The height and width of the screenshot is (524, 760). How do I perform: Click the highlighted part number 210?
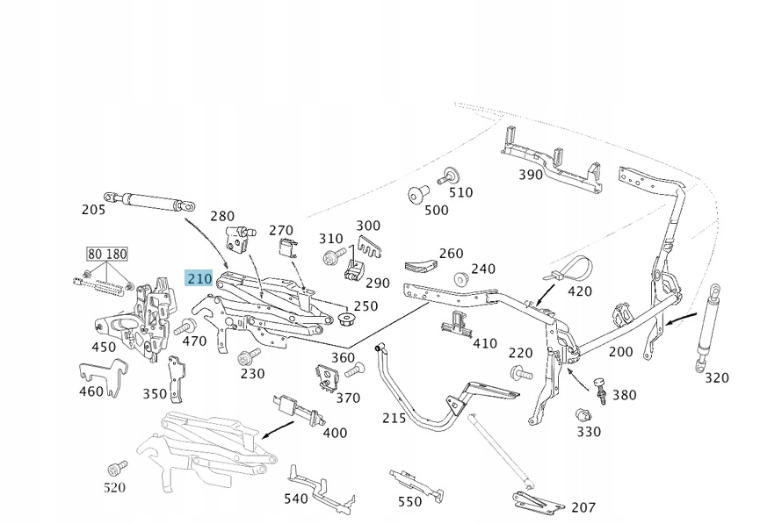(x=199, y=279)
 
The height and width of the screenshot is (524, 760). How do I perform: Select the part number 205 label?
(x=93, y=210)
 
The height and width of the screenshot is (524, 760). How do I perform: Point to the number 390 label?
(x=530, y=175)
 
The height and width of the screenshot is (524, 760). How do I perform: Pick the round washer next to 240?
(x=459, y=280)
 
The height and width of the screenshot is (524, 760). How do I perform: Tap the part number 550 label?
(x=409, y=501)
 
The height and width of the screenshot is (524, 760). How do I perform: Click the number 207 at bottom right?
(x=583, y=507)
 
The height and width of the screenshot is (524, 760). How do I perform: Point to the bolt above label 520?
(x=113, y=467)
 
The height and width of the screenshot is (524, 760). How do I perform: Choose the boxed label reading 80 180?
(x=107, y=255)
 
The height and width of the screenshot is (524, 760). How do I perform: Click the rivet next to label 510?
(x=452, y=175)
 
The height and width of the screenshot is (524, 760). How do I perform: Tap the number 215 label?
(x=394, y=418)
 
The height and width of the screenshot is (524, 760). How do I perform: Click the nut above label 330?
(x=581, y=414)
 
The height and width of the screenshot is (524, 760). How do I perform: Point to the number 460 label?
(x=91, y=391)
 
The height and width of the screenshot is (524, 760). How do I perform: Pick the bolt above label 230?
(x=247, y=356)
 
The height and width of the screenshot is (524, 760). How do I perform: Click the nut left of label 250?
(x=344, y=315)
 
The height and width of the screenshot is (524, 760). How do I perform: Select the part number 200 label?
(x=620, y=351)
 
